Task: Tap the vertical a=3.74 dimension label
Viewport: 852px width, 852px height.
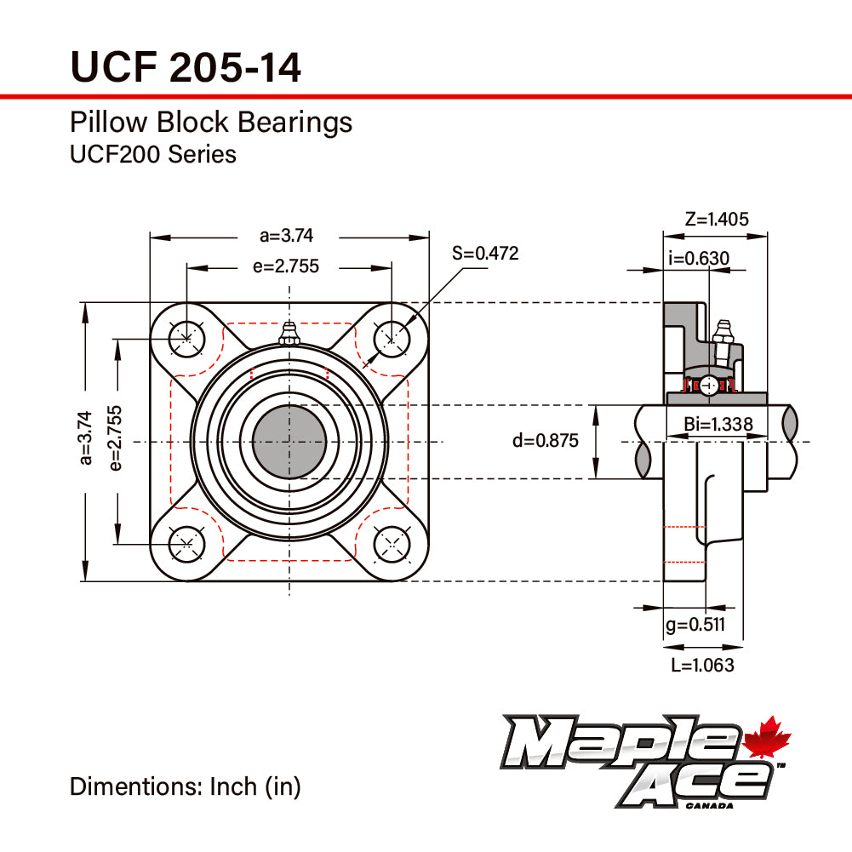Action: point(84,437)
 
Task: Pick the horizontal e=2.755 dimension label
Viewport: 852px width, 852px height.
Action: point(285,266)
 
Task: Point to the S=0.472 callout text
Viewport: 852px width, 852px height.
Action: point(484,253)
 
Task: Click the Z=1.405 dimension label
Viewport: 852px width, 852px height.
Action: point(717,219)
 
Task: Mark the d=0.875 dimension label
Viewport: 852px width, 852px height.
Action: point(545,441)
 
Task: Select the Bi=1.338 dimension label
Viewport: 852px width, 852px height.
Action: point(718,425)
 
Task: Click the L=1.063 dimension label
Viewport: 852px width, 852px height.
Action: point(702,665)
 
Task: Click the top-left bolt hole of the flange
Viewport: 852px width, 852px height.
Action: point(186,339)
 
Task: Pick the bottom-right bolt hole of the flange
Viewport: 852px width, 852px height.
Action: point(392,543)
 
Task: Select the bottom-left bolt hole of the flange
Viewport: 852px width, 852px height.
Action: point(186,543)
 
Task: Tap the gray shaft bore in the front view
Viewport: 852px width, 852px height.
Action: point(289,441)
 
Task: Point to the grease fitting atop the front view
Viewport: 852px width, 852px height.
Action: point(289,333)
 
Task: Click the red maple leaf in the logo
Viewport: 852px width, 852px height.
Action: point(768,738)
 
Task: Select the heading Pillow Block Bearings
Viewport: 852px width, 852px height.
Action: point(211,123)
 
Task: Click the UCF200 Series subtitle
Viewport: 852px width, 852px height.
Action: point(153,154)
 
